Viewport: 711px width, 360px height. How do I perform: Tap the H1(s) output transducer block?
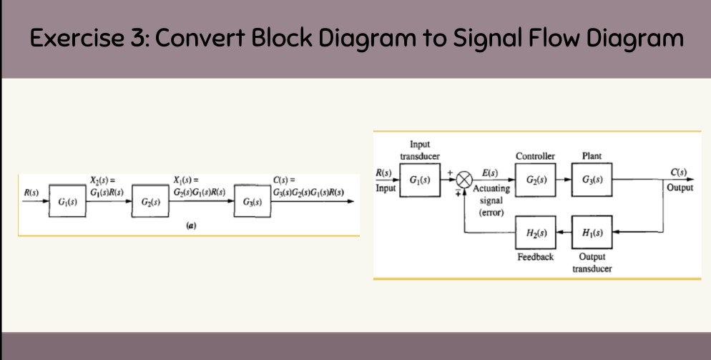point(592,233)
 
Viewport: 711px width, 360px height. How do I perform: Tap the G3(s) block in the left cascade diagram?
point(252,204)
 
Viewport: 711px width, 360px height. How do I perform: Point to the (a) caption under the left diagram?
point(191,225)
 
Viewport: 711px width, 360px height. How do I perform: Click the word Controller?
point(535,156)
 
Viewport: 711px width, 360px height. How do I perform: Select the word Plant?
point(592,156)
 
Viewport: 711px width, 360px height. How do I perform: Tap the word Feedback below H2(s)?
point(535,256)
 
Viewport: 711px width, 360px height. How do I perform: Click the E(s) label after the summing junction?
point(491,173)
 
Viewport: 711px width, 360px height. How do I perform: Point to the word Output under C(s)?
point(679,188)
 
